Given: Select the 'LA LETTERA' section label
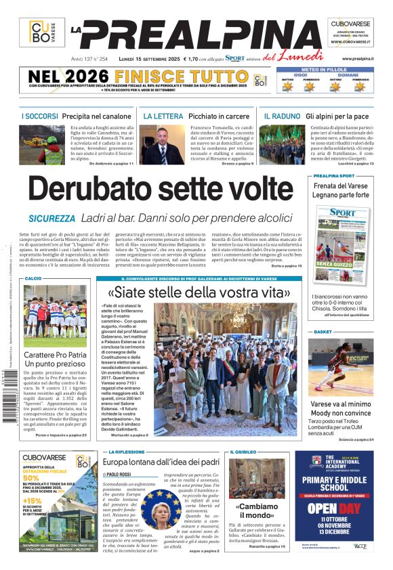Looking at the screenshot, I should (x=163, y=116).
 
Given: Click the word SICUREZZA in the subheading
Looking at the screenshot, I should (x=51, y=219).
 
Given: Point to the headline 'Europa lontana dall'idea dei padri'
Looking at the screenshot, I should (x=161, y=462).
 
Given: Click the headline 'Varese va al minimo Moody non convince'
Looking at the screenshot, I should (x=342, y=408).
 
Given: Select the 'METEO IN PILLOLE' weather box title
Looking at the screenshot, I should (x=323, y=68).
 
